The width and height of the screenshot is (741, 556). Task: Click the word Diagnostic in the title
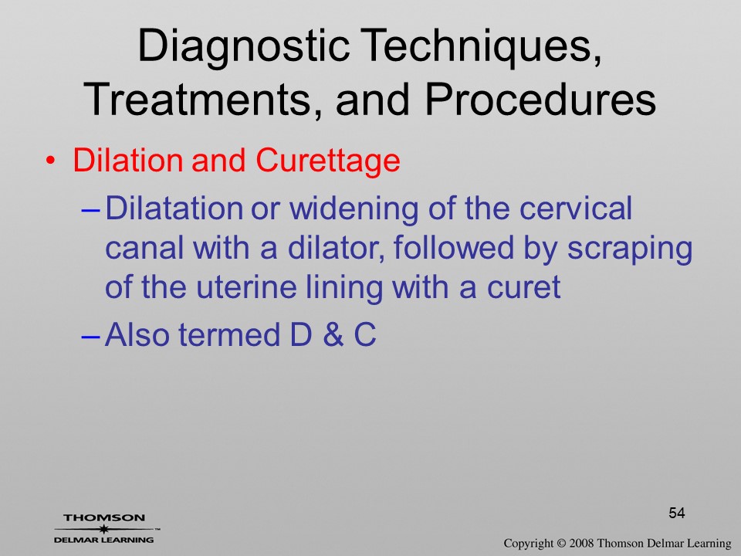pos(243,47)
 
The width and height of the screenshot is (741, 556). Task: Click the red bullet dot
pos(51,161)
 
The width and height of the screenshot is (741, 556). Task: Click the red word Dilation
pos(127,161)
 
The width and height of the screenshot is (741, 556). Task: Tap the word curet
pos(523,287)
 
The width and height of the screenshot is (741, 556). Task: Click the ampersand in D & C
pos(333,334)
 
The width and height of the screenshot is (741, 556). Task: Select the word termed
pos(228,334)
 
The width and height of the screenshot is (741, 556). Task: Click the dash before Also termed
pos(90,336)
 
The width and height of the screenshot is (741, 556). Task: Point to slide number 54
pos(677,513)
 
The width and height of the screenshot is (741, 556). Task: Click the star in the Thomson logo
pos(103,529)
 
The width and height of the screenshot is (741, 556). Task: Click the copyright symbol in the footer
pos(561,544)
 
